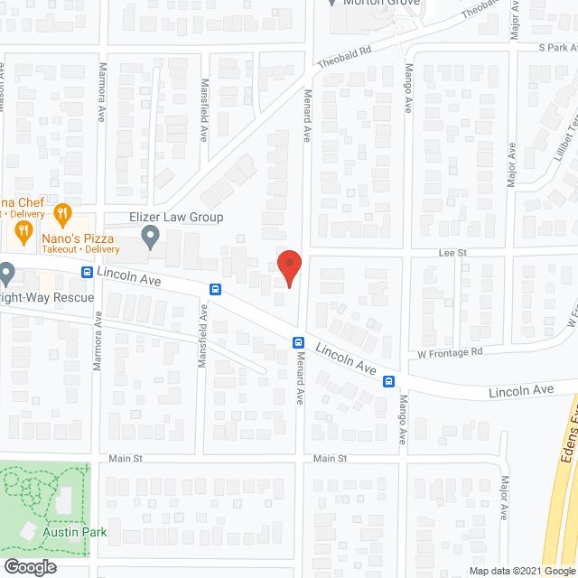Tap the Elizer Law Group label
176,218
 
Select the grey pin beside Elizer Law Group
151,238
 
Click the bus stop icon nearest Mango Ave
388,380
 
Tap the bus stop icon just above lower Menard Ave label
297,341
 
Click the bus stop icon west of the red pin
216,289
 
